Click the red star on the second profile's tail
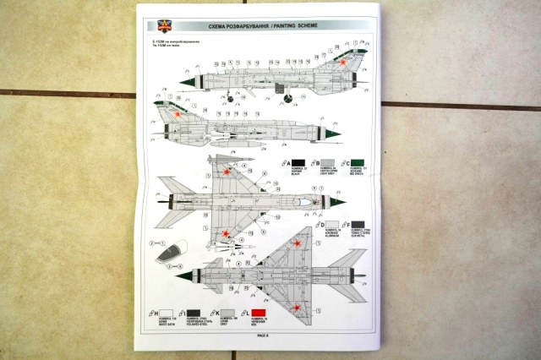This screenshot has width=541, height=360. (x=178, y=112)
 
